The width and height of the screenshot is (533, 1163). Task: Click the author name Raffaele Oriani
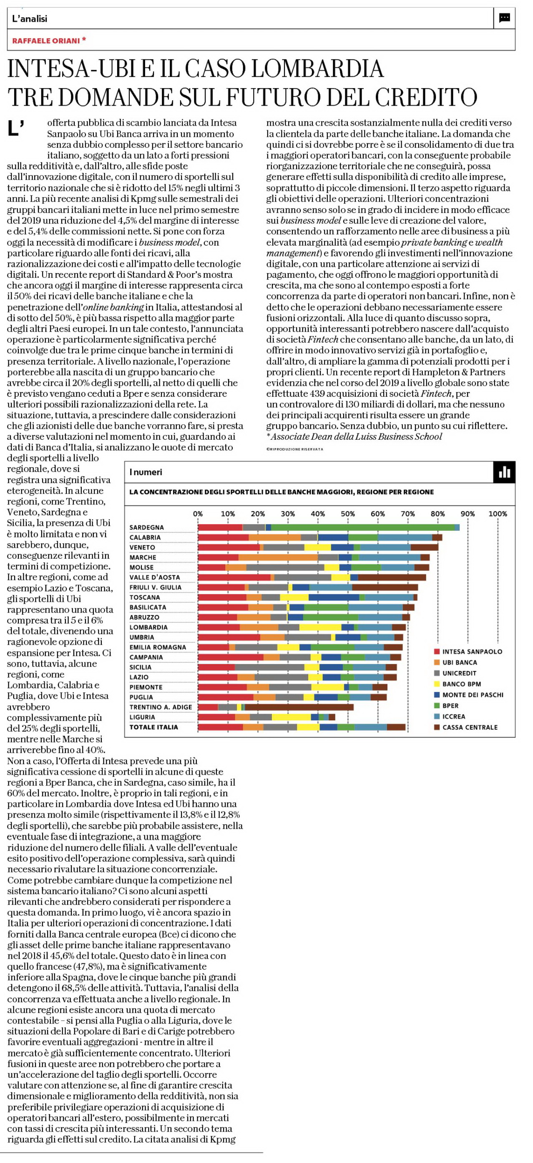[46, 41]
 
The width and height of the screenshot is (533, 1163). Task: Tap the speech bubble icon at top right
[505, 18]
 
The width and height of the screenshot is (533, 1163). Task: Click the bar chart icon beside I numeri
[504, 472]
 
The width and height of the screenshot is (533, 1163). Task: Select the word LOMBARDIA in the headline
[317, 68]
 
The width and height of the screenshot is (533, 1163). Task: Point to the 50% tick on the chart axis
[348, 514]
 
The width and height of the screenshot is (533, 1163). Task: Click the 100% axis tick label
[498, 514]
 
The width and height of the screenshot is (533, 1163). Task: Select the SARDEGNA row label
[146, 527]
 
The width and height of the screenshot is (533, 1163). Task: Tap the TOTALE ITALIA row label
[154, 727]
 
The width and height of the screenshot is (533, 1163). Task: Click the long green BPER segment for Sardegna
[363, 527]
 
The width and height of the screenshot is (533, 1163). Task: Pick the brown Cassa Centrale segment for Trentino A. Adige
[299, 707]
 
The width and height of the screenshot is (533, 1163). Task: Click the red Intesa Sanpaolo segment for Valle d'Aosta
[234, 578]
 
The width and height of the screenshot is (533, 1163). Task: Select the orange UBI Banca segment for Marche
[278, 557]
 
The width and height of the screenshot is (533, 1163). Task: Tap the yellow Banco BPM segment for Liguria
[291, 717]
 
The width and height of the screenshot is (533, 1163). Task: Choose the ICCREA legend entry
[450, 717]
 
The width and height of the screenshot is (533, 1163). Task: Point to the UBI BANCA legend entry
[455, 662]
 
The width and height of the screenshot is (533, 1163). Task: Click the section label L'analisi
[29, 18]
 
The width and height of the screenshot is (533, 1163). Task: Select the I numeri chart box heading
[146, 472]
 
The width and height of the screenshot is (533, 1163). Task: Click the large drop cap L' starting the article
[16, 128]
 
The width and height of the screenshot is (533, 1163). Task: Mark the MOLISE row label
[142, 568]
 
